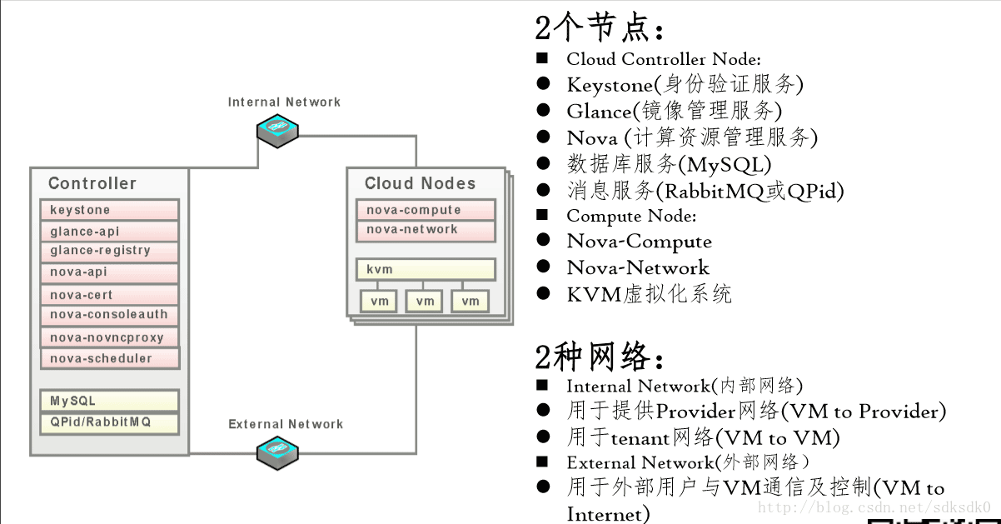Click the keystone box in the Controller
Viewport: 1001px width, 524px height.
pyautogui.click(x=109, y=210)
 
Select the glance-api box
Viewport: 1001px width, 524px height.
pyautogui.click(x=109, y=232)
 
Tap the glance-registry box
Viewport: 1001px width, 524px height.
pyautogui.click(x=109, y=251)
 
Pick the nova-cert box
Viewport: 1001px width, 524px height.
pyautogui.click(x=109, y=295)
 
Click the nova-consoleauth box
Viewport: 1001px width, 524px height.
pyautogui.click(x=109, y=315)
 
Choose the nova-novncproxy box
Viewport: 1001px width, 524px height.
pyautogui.click(x=109, y=337)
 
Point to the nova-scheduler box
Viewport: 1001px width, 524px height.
pyautogui.click(x=109, y=358)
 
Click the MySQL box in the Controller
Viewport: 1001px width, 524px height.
pyautogui.click(x=109, y=401)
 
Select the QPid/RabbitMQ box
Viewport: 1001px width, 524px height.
pyautogui.click(x=109, y=422)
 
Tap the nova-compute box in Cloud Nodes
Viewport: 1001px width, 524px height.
pyautogui.click(x=426, y=210)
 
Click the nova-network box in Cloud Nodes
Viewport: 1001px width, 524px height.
pyautogui.click(x=426, y=230)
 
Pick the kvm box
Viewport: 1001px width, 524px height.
pyautogui.click(x=426, y=270)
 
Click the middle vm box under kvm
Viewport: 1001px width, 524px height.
pyautogui.click(x=424, y=301)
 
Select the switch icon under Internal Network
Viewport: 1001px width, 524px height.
pyautogui.click(x=277, y=130)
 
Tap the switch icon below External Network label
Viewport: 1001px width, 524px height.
pyautogui.click(x=277, y=451)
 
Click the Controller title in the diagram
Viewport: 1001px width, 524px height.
pyautogui.click(x=92, y=183)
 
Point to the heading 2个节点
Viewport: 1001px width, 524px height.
pyautogui.click(x=600, y=29)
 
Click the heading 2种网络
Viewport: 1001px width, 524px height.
pyautogui.click(x=600, y=357)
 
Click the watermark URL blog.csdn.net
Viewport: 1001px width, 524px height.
pyautogui.click(x=874, y=507)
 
